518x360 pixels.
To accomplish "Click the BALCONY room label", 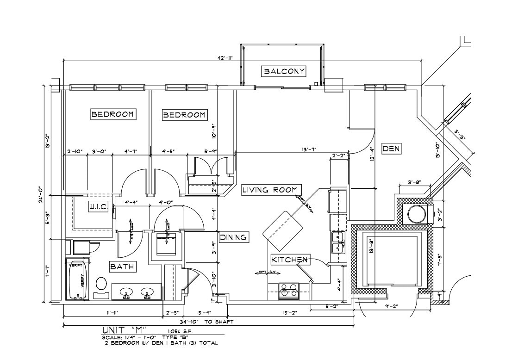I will point(284,71).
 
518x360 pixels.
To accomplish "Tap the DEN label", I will point(391,149).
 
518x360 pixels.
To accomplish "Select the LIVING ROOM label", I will point(272,190).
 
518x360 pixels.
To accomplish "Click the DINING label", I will point(234,237).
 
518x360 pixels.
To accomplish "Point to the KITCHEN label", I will point(290,260).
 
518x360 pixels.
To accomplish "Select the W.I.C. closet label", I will point(98,208).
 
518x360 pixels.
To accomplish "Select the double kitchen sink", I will point(338,242).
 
